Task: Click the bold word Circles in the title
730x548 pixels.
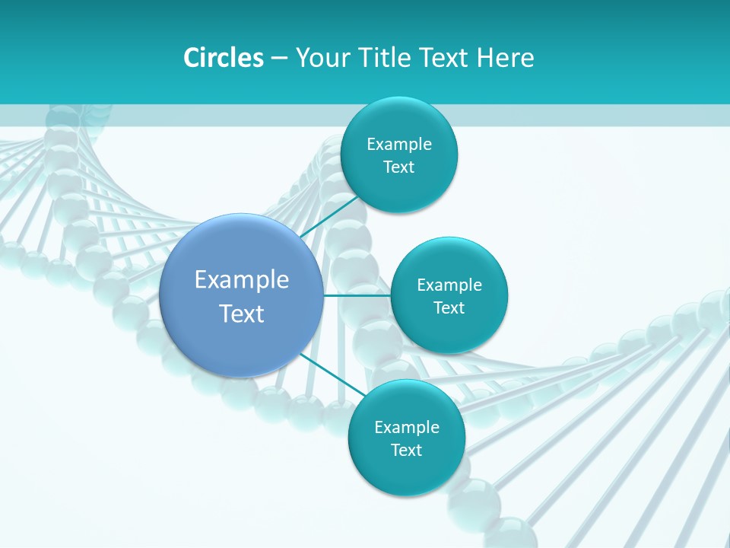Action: (x=224, y=58)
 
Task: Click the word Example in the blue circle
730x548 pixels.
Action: (x=242, y=280)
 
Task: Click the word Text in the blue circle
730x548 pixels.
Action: (x=242, y=314)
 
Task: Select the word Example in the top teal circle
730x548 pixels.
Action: (x=399, y=145)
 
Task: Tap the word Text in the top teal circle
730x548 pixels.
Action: (x=398, y=167)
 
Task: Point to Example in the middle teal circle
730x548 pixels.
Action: (x=449, y=285)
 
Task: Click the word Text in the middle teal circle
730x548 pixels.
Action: (x=449, y=308)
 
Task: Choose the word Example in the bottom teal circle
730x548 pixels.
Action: (x=407, y=428)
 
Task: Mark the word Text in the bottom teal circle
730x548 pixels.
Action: (x=406, y=451)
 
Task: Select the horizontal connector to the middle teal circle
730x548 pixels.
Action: (x=357, y=295)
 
